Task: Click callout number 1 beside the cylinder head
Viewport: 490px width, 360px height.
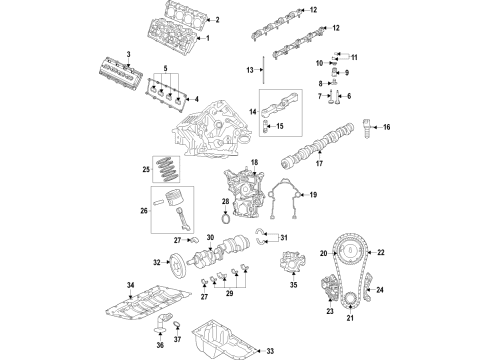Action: tap(208, 39)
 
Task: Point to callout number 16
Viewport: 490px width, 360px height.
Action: tap(387, 128)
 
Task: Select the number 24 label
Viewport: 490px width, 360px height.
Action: tap(380, 291)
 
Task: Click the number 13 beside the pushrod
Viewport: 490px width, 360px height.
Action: tap(249, 70)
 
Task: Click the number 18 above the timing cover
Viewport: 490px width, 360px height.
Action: tap(254, 162)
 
